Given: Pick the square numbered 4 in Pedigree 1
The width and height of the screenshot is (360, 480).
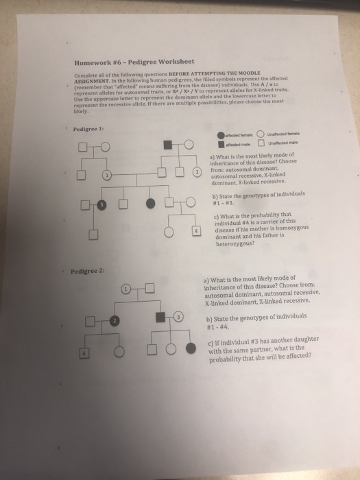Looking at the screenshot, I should (197, 232).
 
